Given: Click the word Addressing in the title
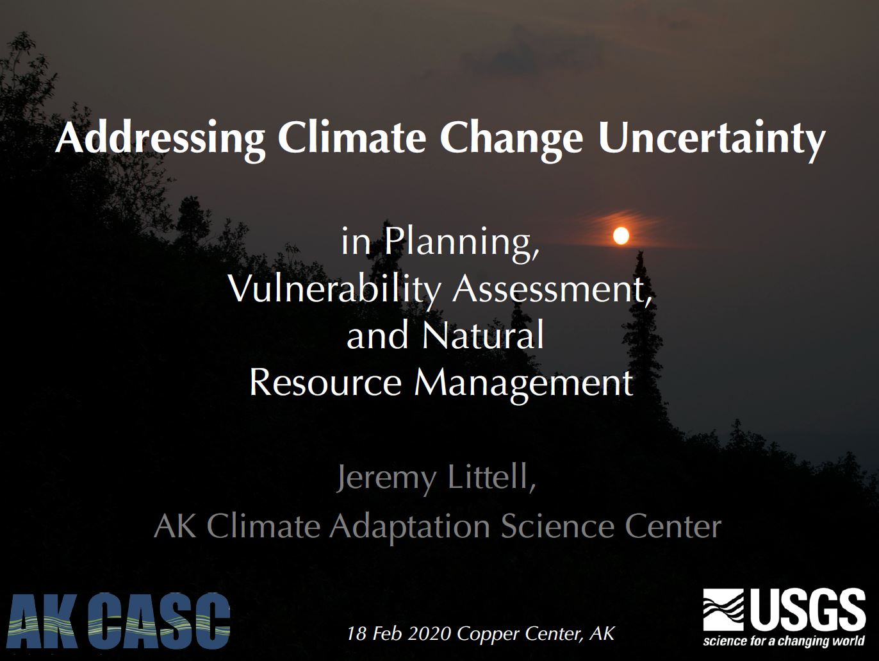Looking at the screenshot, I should coord(160,138).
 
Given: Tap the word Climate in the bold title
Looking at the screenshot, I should coord(352,137).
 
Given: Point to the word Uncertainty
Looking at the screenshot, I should coord(711,138).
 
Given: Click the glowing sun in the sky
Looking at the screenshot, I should coord(620,236).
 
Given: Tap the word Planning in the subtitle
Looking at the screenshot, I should coord(461,242).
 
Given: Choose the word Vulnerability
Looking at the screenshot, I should coord(334,289).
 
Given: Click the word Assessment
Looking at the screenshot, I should coord(552,289).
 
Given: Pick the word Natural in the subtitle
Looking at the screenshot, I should coord(483,335).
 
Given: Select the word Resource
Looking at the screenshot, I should coord(325,382).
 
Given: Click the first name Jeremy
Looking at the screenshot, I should coord(386,478).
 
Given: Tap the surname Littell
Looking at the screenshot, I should coord(491,477).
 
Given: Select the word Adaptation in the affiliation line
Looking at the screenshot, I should coord(410,527).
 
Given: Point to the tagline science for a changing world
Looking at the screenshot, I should coord(784,642).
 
